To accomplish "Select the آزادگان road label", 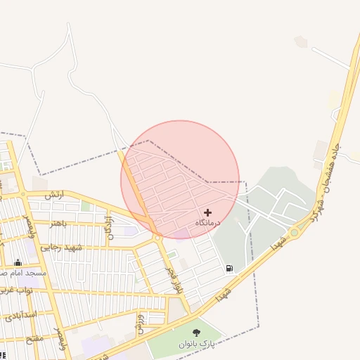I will click(109, 226).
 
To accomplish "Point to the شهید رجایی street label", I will click(61, 247).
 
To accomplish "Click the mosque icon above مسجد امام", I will click(18, 262).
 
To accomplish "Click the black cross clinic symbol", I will click(207, 212).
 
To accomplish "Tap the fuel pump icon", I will click(230, 268).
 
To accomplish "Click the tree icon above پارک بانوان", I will click(196, 332).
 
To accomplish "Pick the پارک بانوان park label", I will click(195, 343).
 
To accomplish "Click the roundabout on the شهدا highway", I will click(294, 232).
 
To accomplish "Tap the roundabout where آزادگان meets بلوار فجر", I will click(157, 238).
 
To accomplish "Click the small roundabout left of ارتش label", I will click(23, 194).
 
